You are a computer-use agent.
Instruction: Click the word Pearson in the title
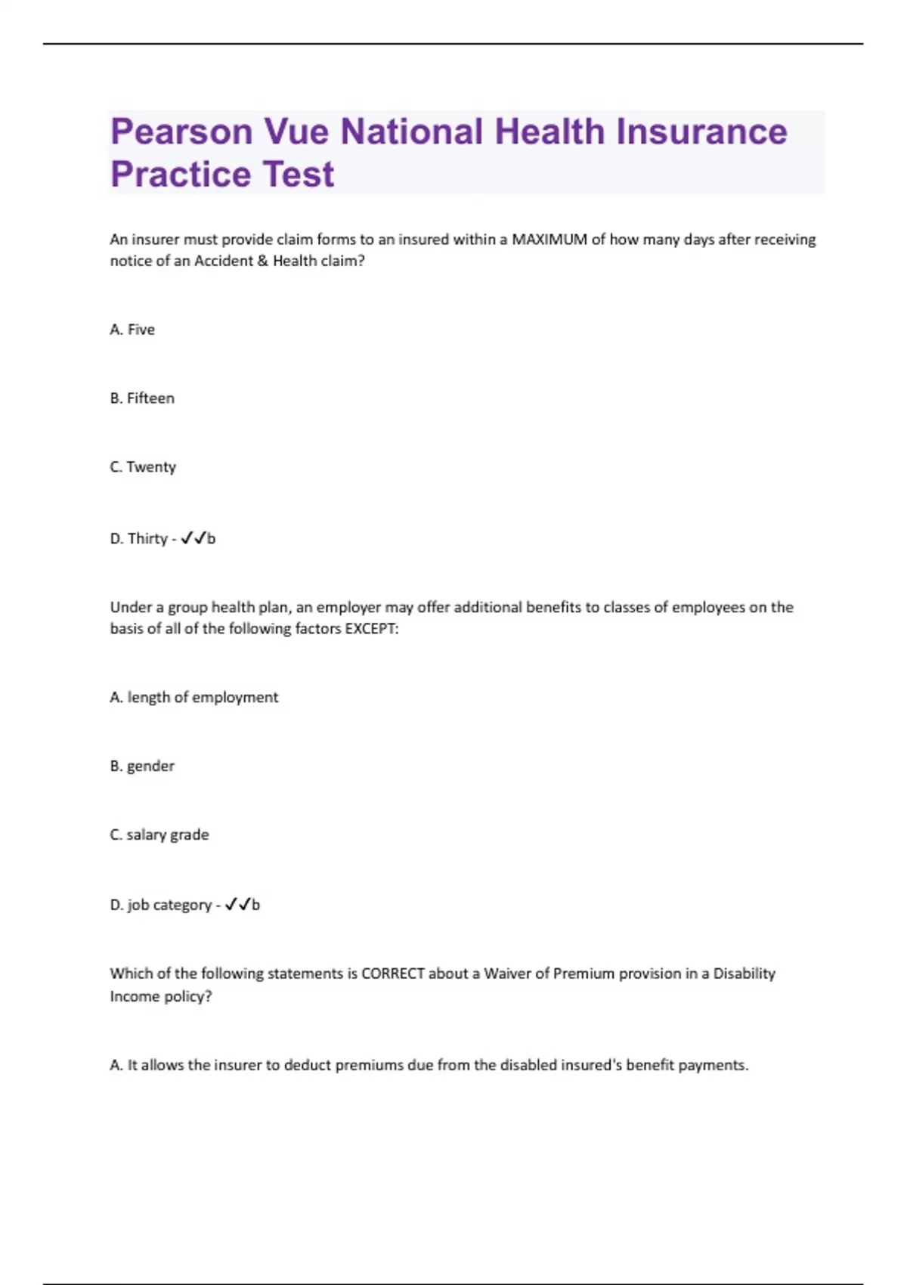click(x=181, y=132)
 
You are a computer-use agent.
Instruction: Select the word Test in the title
click(x=287, y=175)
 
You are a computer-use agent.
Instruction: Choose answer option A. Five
click(x=132, y=330)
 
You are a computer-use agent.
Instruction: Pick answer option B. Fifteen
click(x=142, y=398)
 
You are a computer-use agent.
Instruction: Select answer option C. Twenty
click(x=143, y=467)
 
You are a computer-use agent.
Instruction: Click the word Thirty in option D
click(x=147, y=539)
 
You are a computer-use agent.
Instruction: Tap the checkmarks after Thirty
click(x=193, y=538)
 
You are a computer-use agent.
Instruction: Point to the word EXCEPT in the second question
click(x=370, y=629)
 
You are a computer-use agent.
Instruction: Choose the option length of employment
click(x=194, y=698)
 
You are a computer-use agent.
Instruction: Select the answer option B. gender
click(x=142, y=766)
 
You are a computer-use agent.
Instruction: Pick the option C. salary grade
click(x=159, y=835)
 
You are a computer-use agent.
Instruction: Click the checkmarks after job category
click(x=237, y=904)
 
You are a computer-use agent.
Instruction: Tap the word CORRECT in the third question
click(x=393, y=974)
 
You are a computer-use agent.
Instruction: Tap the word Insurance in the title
click(x=701, y=132)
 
